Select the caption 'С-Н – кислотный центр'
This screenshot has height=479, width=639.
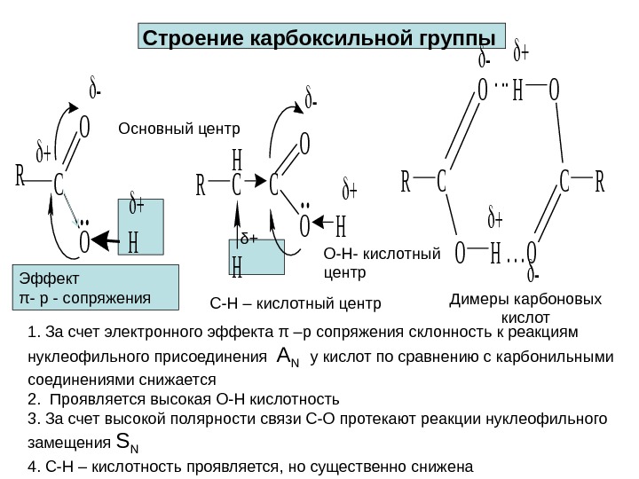(295, 305)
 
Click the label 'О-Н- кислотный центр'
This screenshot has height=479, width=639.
(382, 263)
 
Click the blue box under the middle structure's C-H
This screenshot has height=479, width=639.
(256, 255)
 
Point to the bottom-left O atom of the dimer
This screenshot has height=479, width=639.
(459, 255)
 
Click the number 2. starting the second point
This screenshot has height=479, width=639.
(33, 397)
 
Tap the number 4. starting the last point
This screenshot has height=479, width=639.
(33, 466)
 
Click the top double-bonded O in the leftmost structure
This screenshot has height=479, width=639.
(85, 130)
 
